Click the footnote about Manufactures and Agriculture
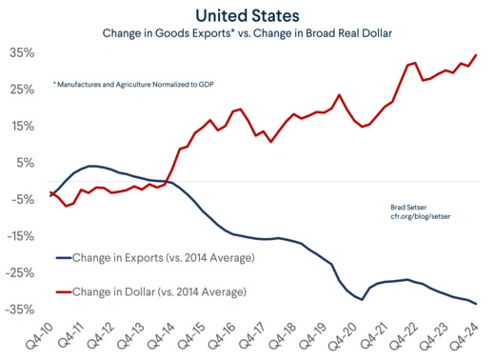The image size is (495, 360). (133, 85)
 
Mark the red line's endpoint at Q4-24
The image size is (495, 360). (476, 55)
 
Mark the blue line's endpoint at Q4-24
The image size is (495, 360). (476, 304)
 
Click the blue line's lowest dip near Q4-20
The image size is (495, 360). (362, 299)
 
